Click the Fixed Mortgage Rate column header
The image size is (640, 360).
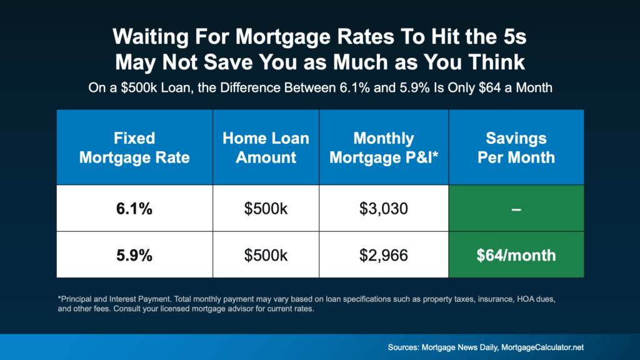pos(134,147)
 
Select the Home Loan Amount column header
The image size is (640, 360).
pos(266,147)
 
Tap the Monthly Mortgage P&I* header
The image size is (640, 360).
pos(383,147)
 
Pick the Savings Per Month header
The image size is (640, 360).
pos(516,147)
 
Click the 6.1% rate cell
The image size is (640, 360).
pos(134,208)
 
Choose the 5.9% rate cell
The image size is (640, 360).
pos(134,255)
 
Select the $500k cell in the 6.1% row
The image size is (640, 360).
pos(266,208)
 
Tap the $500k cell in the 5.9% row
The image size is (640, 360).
pos(266,255)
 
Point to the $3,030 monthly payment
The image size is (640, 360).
pos(383,208)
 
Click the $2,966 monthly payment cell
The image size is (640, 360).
pos(383,255)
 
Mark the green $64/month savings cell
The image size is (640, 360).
pos(516,255)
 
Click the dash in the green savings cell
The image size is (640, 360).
pos(516,209)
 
